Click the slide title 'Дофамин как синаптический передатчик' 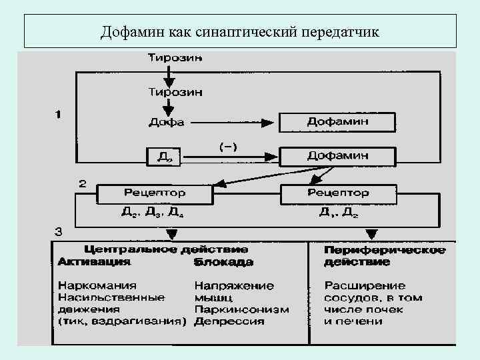[239, 32]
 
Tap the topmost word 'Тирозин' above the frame [175, 58]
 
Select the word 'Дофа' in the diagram [166, 122]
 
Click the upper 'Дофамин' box [337, 122]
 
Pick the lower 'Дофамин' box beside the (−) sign [337, 156]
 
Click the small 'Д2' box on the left [164, 157]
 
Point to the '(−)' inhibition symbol [228, 145]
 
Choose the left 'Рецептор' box [155, 193]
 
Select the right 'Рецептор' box [337, 193]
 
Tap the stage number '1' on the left [59, 114]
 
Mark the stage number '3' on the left [59, 232]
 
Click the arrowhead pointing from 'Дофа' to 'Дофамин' [267, 122]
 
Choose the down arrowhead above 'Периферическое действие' [371, 234]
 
